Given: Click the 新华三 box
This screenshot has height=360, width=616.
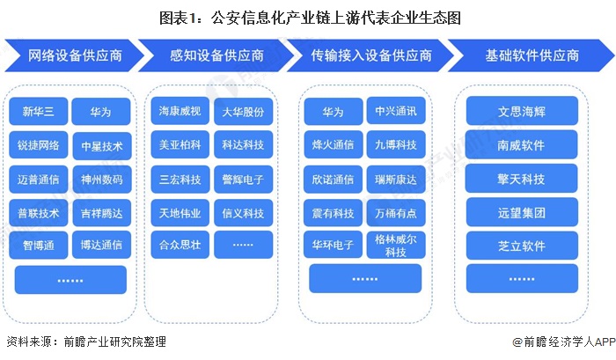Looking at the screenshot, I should [38, 112].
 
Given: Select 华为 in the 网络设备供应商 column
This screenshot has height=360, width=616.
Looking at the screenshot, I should [101, 112].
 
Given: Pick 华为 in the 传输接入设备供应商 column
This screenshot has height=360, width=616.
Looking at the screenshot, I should [334, 112].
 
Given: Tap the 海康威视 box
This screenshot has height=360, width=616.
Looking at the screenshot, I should [180, 112].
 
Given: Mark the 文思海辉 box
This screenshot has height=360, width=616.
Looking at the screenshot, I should [522, 111].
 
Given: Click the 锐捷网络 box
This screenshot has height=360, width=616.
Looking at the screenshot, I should [38, 145].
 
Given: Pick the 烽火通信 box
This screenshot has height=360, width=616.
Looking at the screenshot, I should [334, 145].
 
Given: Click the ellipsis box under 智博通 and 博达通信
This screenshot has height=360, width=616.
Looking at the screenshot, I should [70, 279].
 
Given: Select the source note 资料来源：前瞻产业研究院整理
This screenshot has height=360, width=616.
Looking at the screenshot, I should [85, 342].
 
